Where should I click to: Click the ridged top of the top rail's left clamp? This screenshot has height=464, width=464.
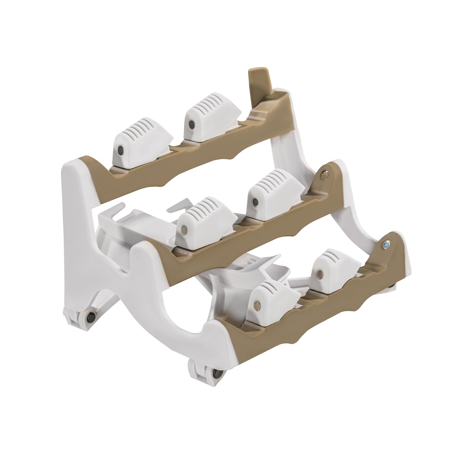point(145,130)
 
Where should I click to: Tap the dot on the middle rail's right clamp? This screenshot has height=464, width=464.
point(255,203)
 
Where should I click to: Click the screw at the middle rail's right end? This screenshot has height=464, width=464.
point(324,175)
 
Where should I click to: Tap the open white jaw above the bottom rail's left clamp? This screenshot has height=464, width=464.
point(247,269)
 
